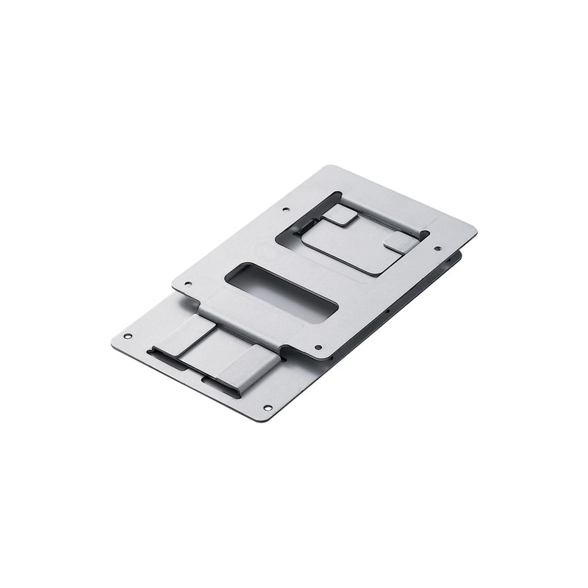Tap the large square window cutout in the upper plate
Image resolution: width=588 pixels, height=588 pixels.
click(353, 234)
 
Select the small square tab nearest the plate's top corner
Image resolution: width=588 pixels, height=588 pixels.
click(340, 215)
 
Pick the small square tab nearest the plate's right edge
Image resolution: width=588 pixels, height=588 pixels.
click(398, 242)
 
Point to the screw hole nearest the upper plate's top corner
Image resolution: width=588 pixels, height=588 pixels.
click(284, 209)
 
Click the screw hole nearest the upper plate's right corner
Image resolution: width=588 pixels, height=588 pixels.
click(437, 248)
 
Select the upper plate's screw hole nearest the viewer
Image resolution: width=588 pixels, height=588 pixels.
click(318, 347)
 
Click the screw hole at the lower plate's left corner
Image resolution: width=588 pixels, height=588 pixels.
click(127, 336)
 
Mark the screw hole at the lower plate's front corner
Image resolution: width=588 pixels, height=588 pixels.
click(267, 407)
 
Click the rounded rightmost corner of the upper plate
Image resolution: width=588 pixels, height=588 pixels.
click(471, 232)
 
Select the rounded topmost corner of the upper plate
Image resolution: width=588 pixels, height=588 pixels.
click(325, 168)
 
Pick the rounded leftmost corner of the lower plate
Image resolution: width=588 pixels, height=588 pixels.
click(115, 341)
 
